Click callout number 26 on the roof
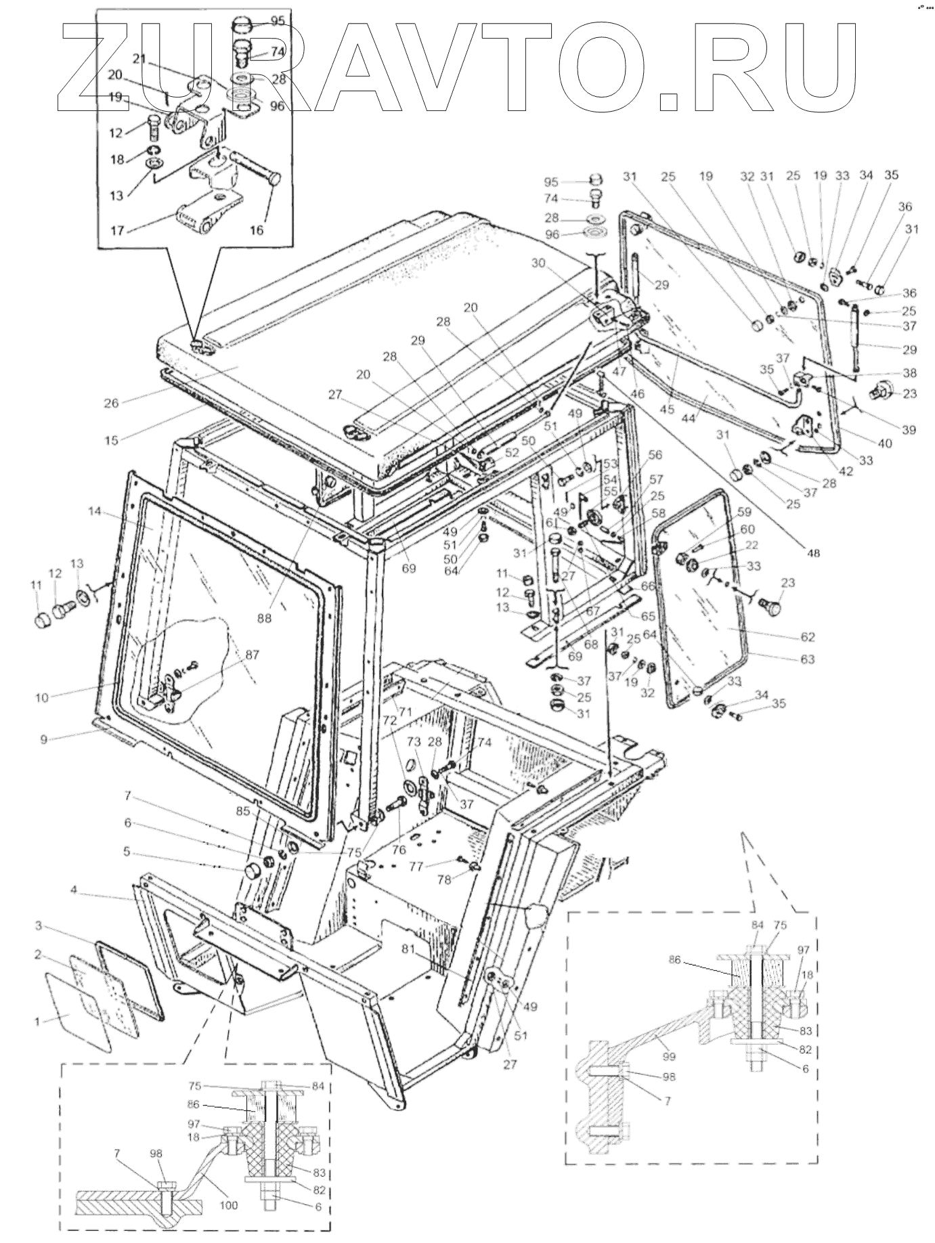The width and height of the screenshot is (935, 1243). click(x=111, y=403)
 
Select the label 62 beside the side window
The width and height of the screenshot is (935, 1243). click(x=807, y=636)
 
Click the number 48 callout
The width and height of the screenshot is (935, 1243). click(x=813, y=552)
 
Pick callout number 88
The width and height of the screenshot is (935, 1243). click(x=264, y=617)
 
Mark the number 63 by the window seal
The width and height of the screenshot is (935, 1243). click(x=807, y=659)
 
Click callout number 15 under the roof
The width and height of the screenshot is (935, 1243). click(x=111, y=440)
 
